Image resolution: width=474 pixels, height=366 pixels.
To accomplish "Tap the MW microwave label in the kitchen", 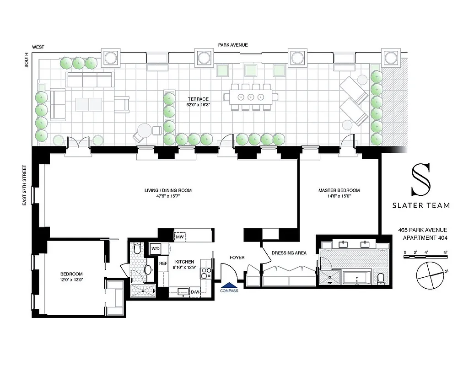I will coord(179,237).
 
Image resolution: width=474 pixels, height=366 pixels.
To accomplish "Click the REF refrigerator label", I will coord(163,264).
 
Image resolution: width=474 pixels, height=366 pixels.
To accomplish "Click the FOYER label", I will coord(237,257).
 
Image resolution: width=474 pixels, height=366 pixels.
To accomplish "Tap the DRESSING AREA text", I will coord(289,253).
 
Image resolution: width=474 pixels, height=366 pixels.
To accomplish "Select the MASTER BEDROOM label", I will coord(339,190).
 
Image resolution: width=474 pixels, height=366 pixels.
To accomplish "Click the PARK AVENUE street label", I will coord(233,45).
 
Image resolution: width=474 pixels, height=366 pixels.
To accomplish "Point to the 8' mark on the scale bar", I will coord(445,252).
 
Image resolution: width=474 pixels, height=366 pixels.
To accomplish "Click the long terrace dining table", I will coord(250,97).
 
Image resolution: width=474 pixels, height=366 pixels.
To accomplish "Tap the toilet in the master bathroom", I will coord(381,277).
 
